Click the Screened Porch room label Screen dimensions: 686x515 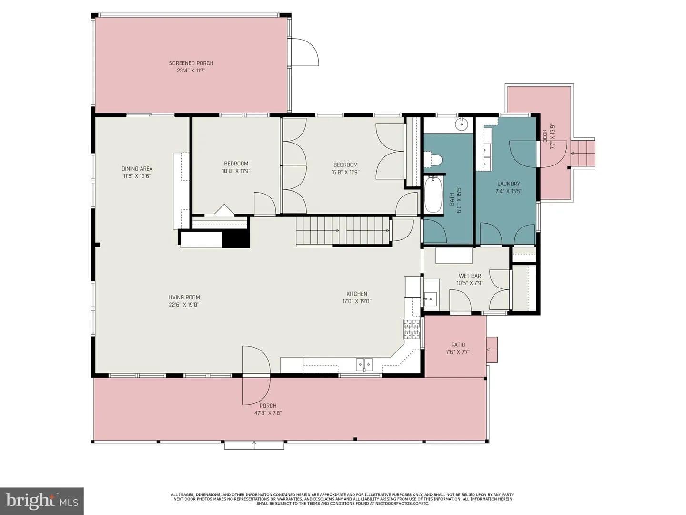click(191, 63)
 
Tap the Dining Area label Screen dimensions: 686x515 click(137, 169)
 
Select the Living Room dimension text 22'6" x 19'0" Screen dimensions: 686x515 click(184, 305)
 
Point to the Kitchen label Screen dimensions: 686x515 click(357, 294)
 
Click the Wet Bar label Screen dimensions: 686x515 click(470, 276)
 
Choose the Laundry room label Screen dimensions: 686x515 click(509, 184)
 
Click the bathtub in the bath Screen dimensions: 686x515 click(433, 195)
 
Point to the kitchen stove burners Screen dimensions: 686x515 click(412, 329)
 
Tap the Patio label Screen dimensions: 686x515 click(458, 345)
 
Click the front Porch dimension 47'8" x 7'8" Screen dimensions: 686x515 click(268, 413)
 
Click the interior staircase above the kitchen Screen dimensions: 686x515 click(343, 231)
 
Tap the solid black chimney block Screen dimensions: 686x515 click(236, 239)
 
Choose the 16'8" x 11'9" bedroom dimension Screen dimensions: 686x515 click(345, 172)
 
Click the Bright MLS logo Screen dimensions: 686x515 click(41, 501)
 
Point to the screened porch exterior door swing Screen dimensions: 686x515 click(305, 52)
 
